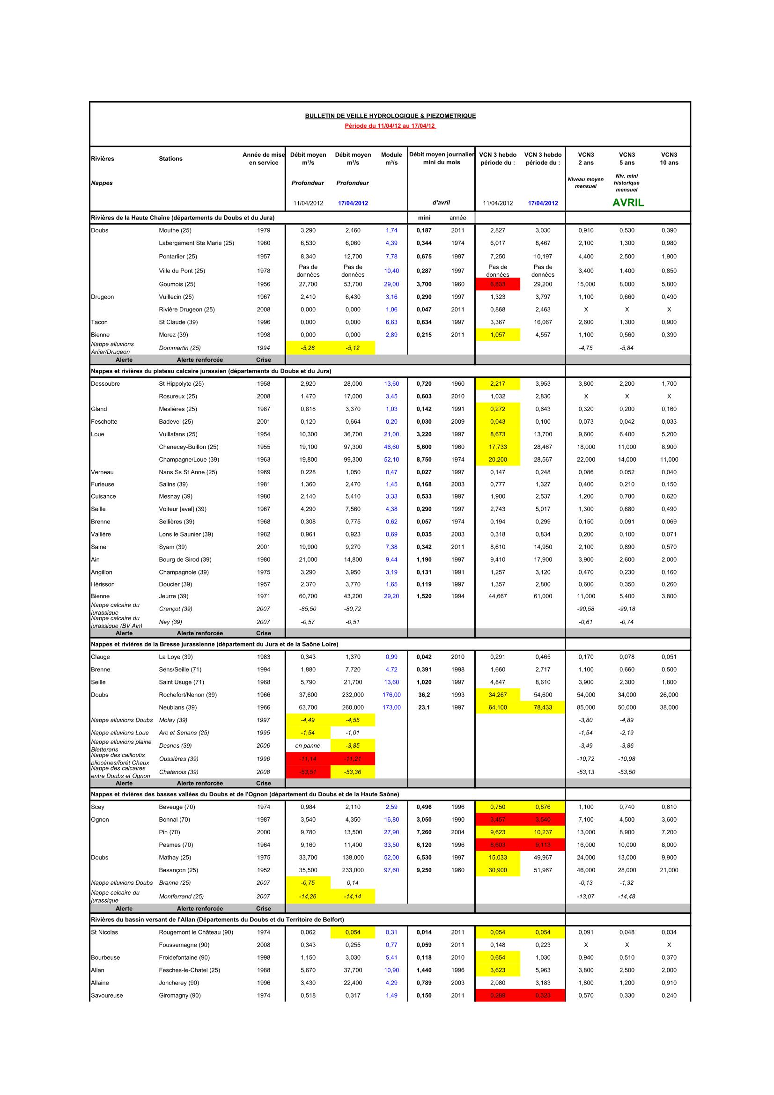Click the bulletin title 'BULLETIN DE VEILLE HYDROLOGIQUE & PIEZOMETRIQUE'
(x=390, y=116)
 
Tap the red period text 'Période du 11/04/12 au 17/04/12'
(x=390, y=126)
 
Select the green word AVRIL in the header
(x=627, y=203)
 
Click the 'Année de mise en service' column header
(x=263, y=159)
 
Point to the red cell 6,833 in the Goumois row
(x=497, y=284)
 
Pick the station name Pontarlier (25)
(x=178, y=257)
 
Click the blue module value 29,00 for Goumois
(x=391, y=284)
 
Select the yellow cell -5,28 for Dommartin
(x=308, y=348)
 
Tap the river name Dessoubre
(x=105, y=384)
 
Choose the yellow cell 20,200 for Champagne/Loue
(x=497, y=460)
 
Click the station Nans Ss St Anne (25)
(x=188, y=472)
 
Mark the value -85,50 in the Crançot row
(x=308, y=609)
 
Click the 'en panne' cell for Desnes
(x=308, y=746)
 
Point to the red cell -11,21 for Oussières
(x=353, y=759)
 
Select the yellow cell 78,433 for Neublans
(x=543, y=708)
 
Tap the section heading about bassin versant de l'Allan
(x=217, y=919)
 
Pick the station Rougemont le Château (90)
(x=196, y=933)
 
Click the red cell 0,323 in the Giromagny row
(x=543, y=996)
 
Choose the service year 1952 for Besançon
(x=263, y=870)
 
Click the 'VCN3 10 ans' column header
(x=669, y=159)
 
